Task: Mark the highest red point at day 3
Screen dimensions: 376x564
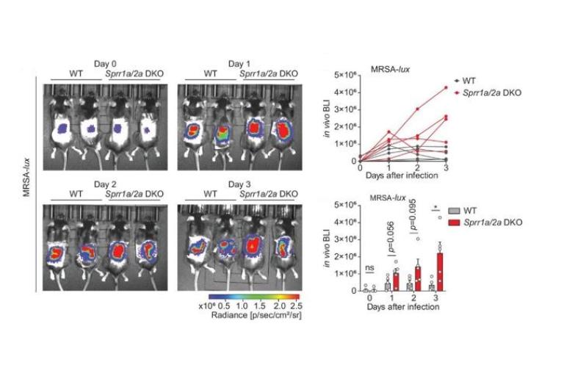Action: click(x=445, y=88)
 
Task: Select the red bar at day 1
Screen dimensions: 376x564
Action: click(x=396, y=281)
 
